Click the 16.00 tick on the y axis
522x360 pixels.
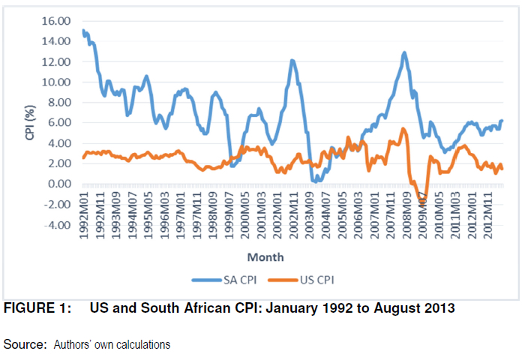click(58, 21)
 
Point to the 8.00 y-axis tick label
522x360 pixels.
click(61, 102)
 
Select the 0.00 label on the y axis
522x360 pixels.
click(61, 184)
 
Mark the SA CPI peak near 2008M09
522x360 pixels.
click(404, 52)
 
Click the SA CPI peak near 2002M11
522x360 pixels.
click(292, 61)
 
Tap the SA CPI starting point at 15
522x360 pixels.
click(83, 31)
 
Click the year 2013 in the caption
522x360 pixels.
click(438, 308)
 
